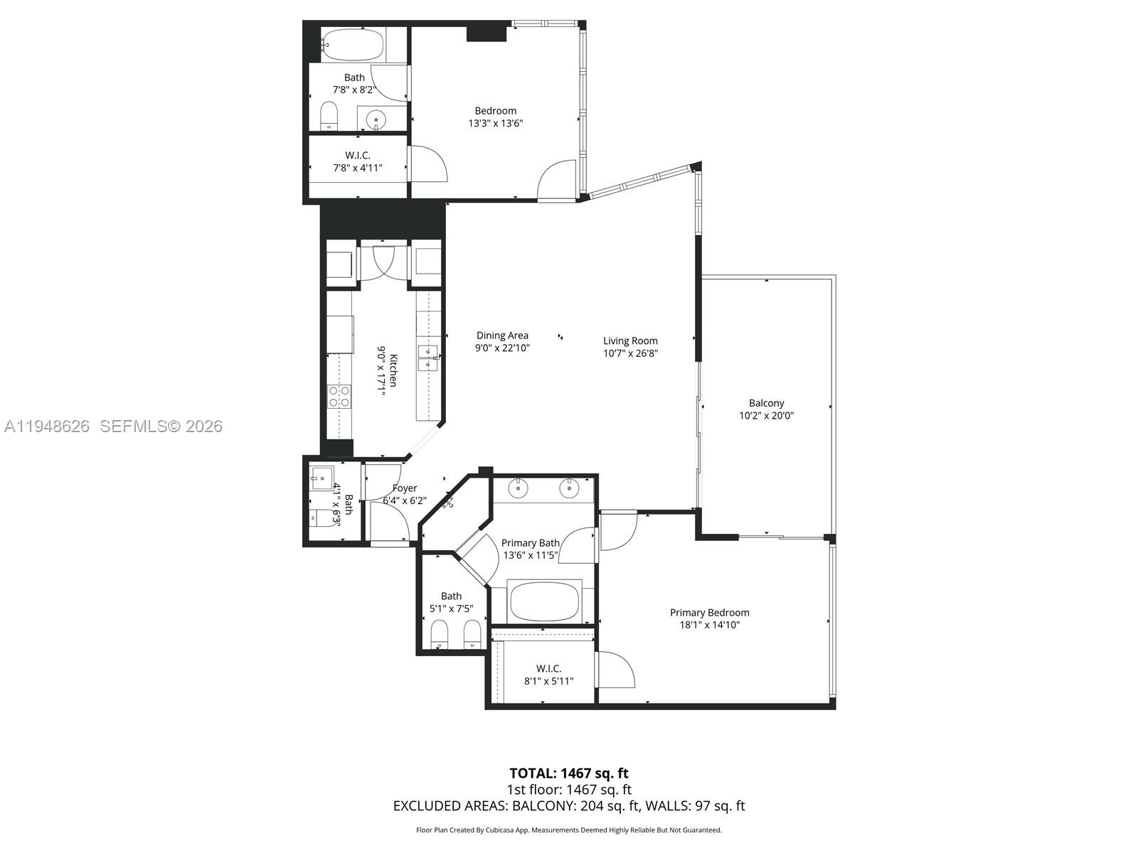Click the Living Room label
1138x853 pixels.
630,340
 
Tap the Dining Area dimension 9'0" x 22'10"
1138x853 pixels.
502,348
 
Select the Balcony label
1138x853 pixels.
766,403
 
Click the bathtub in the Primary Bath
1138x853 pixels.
545,601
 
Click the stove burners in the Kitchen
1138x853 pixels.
339,396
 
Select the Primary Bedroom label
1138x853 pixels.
709,613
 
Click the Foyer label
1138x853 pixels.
405,488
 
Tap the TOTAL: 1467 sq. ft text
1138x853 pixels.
568,773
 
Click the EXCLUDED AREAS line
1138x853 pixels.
568,805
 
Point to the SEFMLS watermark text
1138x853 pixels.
161,426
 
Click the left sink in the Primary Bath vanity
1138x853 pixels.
520,488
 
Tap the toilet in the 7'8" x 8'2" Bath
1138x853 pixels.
329,115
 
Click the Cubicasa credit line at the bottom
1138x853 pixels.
568,830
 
